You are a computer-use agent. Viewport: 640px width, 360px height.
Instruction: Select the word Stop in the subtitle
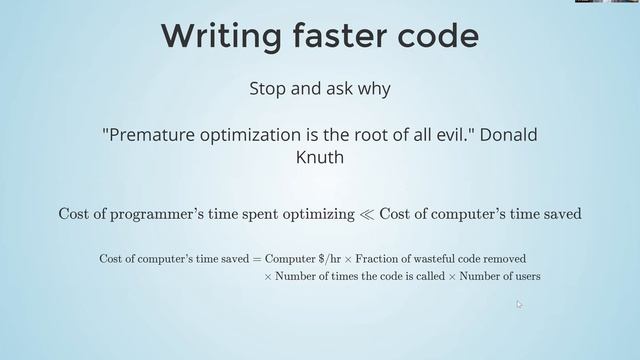(267, 89)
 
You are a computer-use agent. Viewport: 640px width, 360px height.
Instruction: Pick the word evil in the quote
(458, 136)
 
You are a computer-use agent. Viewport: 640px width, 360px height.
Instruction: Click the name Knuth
(319, 157)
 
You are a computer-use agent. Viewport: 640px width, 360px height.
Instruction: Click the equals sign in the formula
(256, 259)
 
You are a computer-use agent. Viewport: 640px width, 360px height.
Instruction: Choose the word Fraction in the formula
(380, 259)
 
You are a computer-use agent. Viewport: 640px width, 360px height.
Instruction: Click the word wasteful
(438, 259)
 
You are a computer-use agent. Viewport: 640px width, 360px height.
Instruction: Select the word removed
(505, 259)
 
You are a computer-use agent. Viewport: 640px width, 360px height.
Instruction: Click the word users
(526, 276)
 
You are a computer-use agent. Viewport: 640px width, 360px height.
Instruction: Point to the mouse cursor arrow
(519, 304)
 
